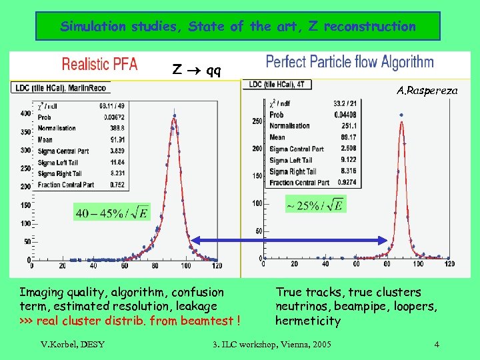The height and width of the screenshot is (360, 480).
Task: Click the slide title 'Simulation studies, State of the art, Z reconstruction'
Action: (238, 27)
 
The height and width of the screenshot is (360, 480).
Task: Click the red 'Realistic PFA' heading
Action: (99, 64)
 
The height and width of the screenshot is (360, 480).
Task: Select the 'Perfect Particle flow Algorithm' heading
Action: (349, 63)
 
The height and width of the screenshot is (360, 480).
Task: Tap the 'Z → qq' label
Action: (197, 69)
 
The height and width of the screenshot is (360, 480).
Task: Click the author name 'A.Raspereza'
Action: (427, 89)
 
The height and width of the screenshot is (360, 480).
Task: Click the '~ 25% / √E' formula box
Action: (315, 205)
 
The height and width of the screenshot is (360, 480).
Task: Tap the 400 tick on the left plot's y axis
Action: (25, 113)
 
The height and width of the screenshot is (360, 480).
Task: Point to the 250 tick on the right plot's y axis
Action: (257, 121)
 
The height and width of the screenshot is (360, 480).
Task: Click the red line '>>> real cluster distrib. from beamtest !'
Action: (129, 321)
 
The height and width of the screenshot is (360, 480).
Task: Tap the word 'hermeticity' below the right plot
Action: (308, 321)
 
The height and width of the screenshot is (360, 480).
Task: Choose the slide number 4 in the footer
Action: (436, 345)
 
